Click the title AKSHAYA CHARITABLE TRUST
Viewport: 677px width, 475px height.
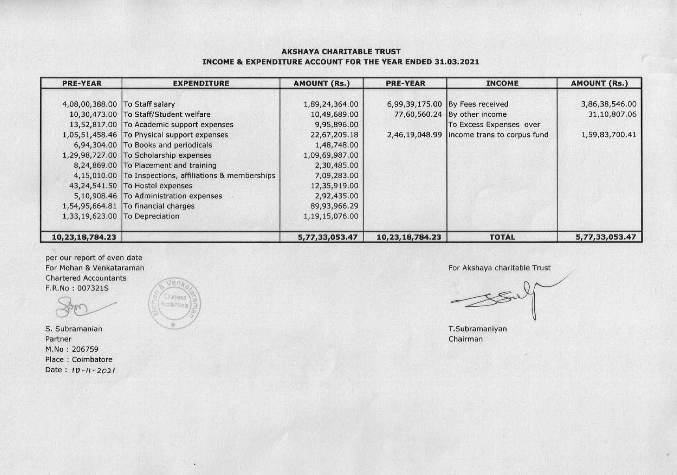[x=341, y=52]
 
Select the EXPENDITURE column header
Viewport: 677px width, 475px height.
[x=201, y=83]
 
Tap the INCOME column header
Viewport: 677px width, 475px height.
[x=502, y=83]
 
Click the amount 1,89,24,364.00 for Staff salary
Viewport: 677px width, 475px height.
[x=331, y=104]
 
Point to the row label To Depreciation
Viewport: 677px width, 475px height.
[x=151, y=216]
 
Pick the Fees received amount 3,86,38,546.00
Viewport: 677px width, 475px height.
[x=608, y=104]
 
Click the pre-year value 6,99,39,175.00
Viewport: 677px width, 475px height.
[x=414, y=104]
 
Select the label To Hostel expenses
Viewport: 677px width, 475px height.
[x=158, y=186]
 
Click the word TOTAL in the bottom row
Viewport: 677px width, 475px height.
[x=502, y=237]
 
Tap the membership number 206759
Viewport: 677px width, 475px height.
[x=85, y=349]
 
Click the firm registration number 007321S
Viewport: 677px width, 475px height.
[x=93, y=288]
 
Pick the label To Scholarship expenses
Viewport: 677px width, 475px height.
[x=168, y=155]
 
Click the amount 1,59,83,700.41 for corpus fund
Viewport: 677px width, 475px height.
[x=608, y=135]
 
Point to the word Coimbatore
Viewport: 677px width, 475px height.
[x=92, y=360]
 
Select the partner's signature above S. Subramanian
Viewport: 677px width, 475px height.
[x=83, y=307]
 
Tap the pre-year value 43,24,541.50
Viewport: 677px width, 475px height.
[x=93, y=186]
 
